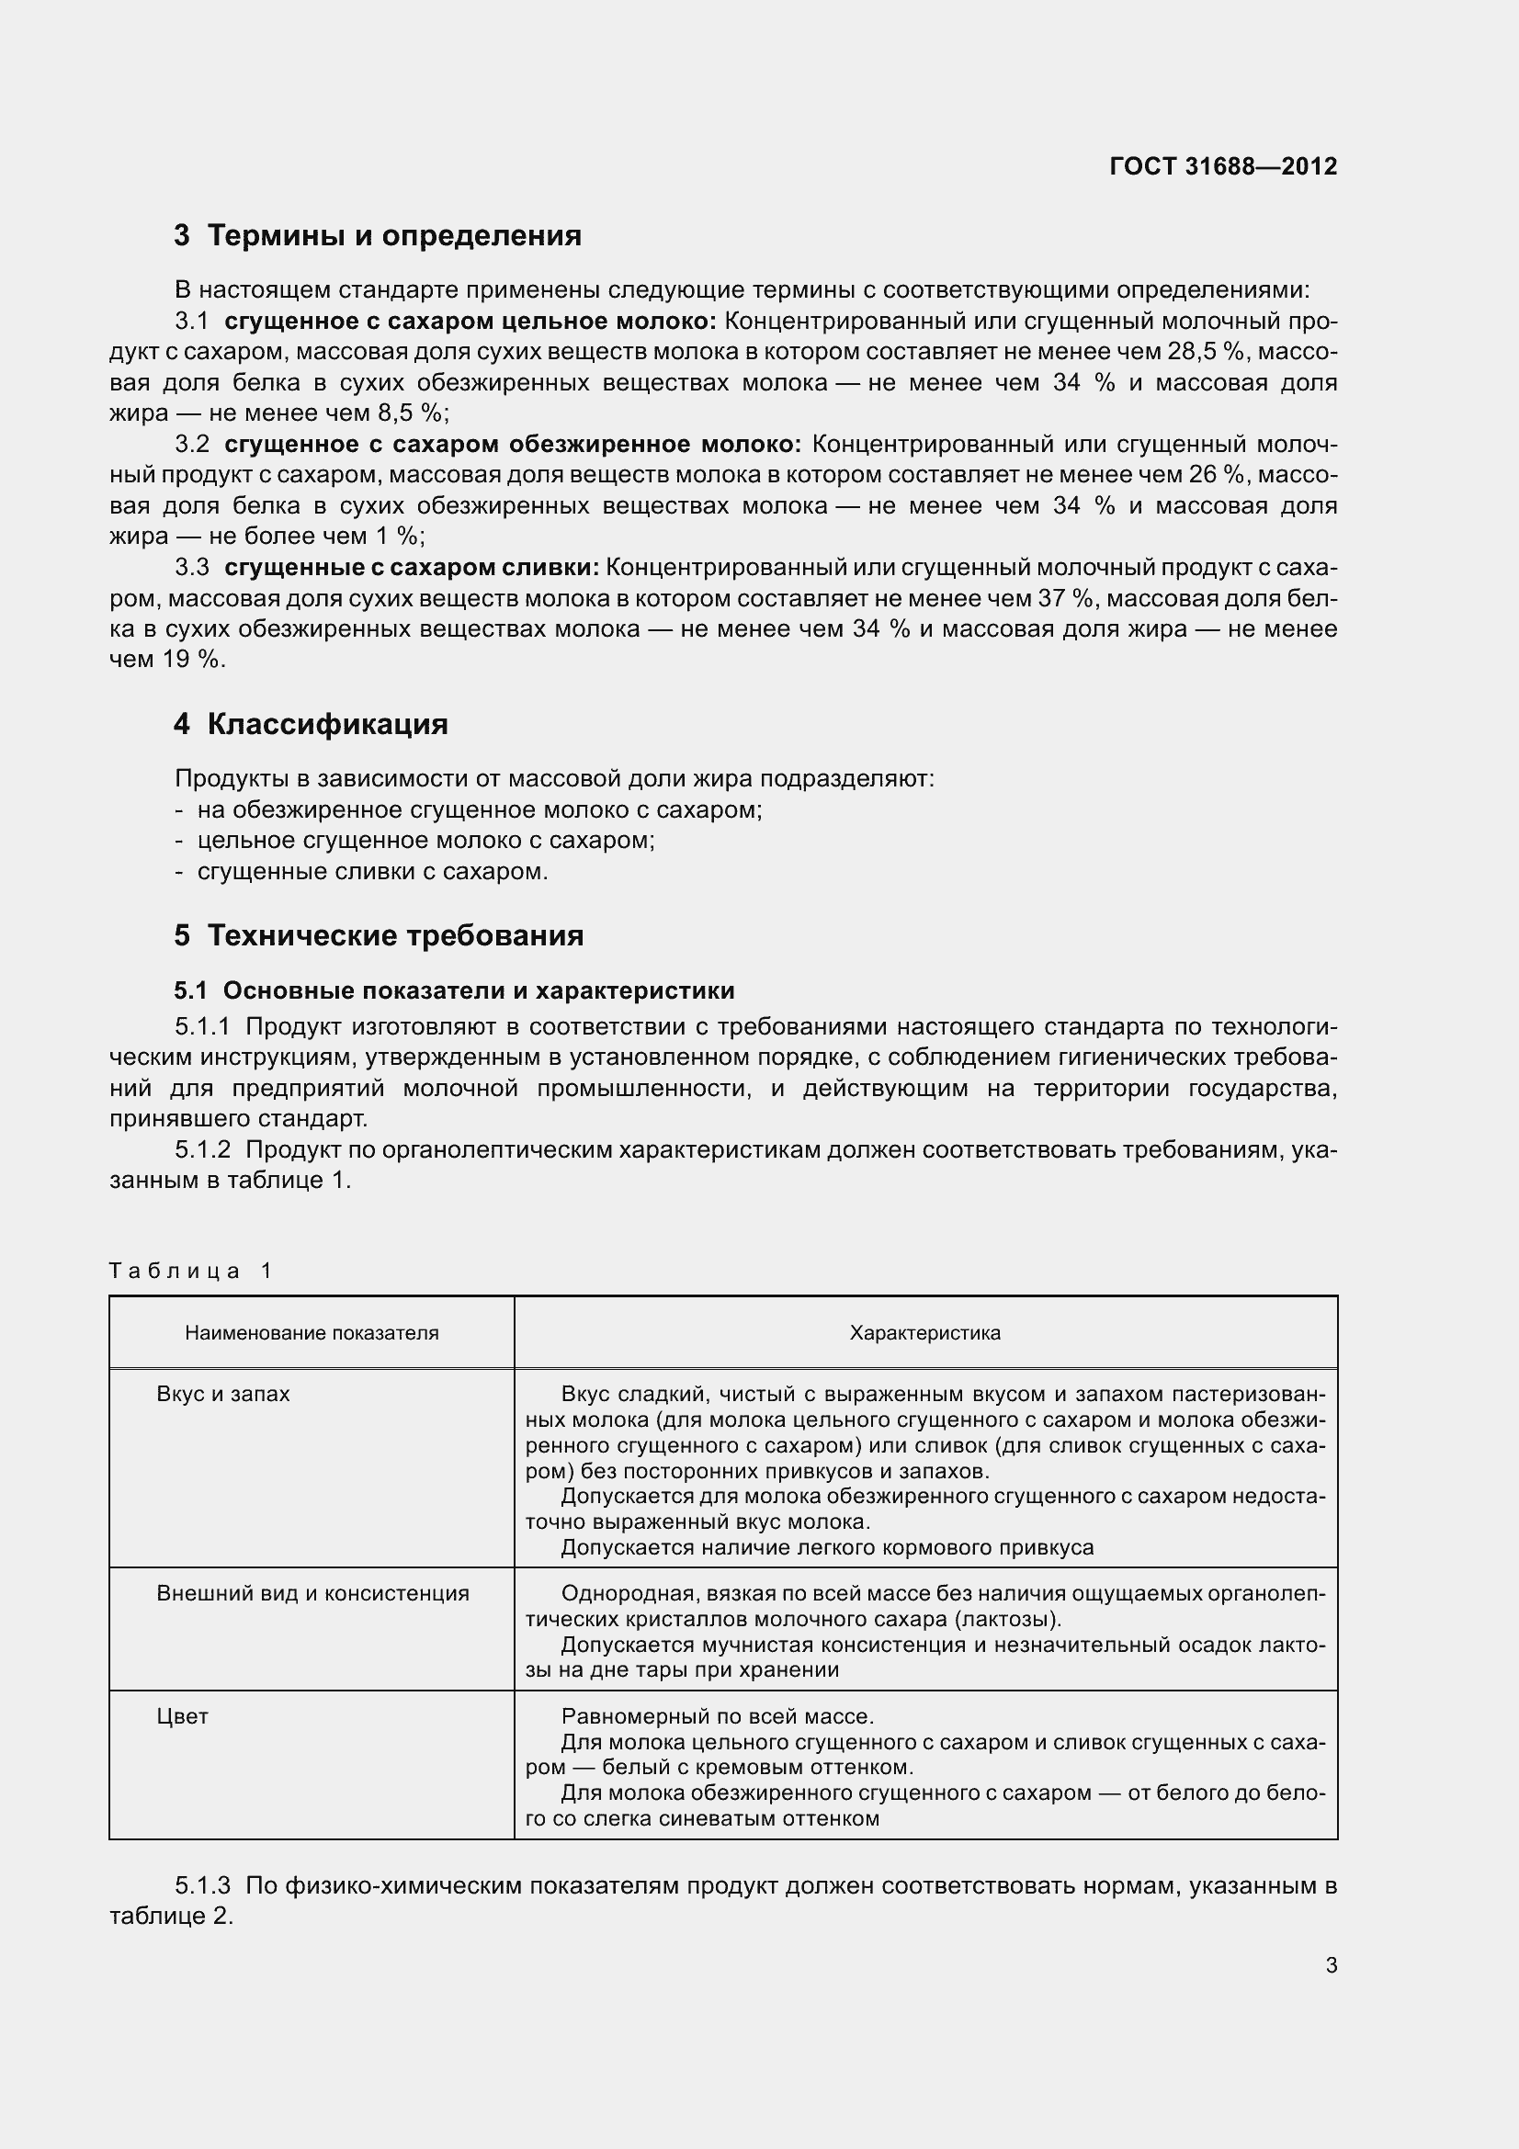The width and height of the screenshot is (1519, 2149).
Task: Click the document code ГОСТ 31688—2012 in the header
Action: [1222, 166]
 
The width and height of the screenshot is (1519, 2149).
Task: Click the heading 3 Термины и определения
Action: [377, 235]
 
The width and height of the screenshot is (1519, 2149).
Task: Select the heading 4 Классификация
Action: [311, 723]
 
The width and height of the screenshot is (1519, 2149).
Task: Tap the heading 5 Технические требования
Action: [378, 935]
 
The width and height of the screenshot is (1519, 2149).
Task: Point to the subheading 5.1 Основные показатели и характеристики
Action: [454, 990]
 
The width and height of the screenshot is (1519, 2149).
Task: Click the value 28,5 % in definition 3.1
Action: [1208, 352]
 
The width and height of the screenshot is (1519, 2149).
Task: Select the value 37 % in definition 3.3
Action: [1067, 598]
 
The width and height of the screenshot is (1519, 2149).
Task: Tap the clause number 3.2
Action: [192, 444]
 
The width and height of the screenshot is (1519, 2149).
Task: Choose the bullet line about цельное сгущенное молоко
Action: [425, 841]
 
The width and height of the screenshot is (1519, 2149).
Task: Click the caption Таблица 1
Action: [190, 1270]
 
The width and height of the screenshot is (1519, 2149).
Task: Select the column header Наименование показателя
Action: [312, 1333]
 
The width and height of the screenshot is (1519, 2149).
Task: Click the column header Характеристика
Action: [924, 1333]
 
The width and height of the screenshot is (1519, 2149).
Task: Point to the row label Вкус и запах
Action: [222, 1394]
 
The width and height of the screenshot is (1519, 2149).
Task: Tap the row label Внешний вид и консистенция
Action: [312, 1593]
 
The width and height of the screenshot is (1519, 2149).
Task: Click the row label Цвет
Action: [183, 1715]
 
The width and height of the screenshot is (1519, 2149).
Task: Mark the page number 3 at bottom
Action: [1331, 1964]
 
